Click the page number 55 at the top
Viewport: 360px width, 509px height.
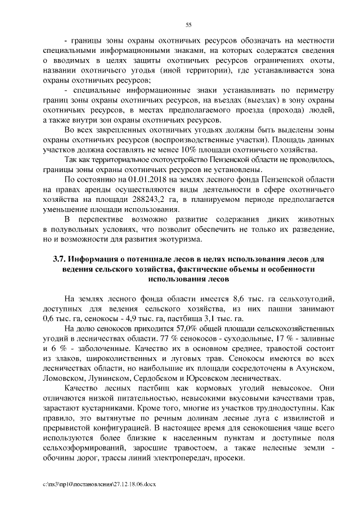(189, 24)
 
